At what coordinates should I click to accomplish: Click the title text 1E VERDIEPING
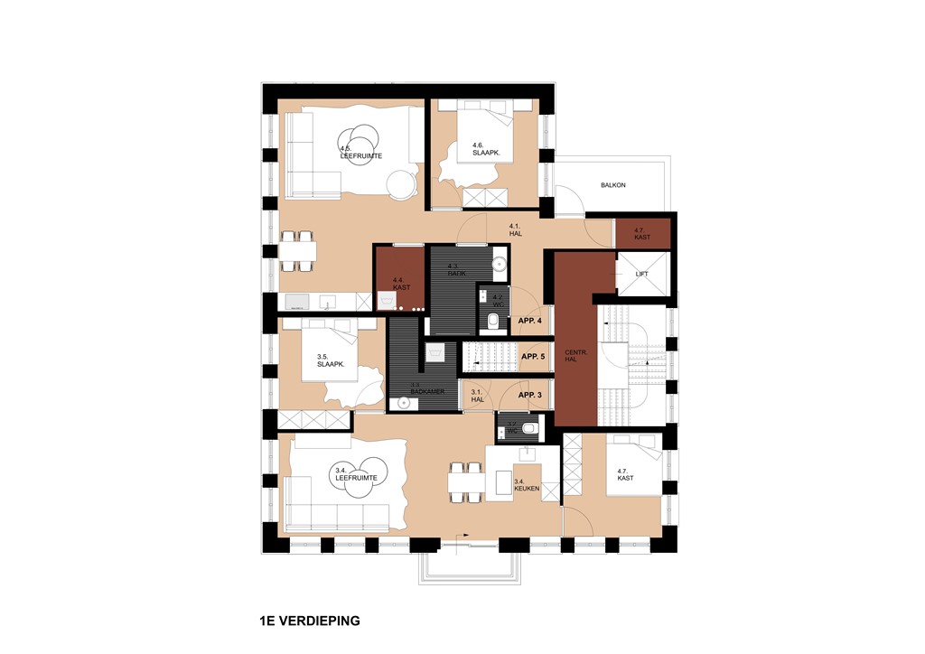click(x=309, y=621)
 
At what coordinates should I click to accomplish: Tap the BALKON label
click(x=612, y=185)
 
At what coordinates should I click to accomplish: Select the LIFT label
click(x=642, y=273)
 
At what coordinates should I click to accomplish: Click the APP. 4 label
click(x=530, y=322)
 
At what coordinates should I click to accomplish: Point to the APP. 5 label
click(x=533, y=357)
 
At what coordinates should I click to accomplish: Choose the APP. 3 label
click(x=530, y=395)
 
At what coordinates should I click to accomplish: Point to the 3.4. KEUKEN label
click(x=527, y=486)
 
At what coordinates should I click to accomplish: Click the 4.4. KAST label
click(x=401, y=284)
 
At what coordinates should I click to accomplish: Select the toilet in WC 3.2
click(x=530, y=429)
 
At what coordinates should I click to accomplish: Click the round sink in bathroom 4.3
click(x=500, y=264)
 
